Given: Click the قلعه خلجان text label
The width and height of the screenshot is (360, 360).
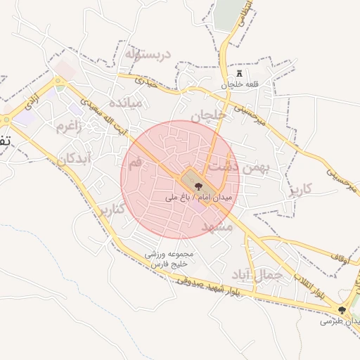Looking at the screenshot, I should coord(236,85).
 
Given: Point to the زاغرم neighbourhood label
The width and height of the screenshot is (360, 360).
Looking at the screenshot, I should coord(69,126).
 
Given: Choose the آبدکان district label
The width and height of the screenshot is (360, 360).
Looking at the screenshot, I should coord(75,158).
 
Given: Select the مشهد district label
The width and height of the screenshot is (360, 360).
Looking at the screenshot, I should coord(217,226).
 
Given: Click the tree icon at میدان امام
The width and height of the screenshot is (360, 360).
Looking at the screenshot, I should coord(198,186).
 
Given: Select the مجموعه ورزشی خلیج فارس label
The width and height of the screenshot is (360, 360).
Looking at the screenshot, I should coord(174,258).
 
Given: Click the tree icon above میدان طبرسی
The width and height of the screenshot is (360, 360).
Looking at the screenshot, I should coord(342,310).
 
